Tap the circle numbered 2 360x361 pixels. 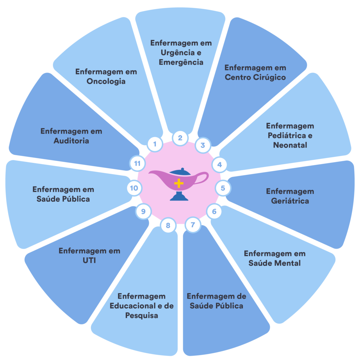[180, 138]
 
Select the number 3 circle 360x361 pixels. [203, 145]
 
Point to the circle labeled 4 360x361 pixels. [220, 164]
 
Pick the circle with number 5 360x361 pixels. [223, 188]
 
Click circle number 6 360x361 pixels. [214, 212]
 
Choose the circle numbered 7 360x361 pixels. [193, 225]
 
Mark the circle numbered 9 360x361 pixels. [143, 212]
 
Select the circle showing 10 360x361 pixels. [134, 188]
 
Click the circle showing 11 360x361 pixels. [137, 164]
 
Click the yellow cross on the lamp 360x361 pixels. [179, 183]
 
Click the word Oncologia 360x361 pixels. [106, 81]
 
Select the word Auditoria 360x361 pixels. [71, 141]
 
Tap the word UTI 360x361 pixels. [89, 261]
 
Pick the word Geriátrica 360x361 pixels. [290, 201]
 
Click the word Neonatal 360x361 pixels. [290, 145]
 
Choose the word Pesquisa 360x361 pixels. [142, 315]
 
